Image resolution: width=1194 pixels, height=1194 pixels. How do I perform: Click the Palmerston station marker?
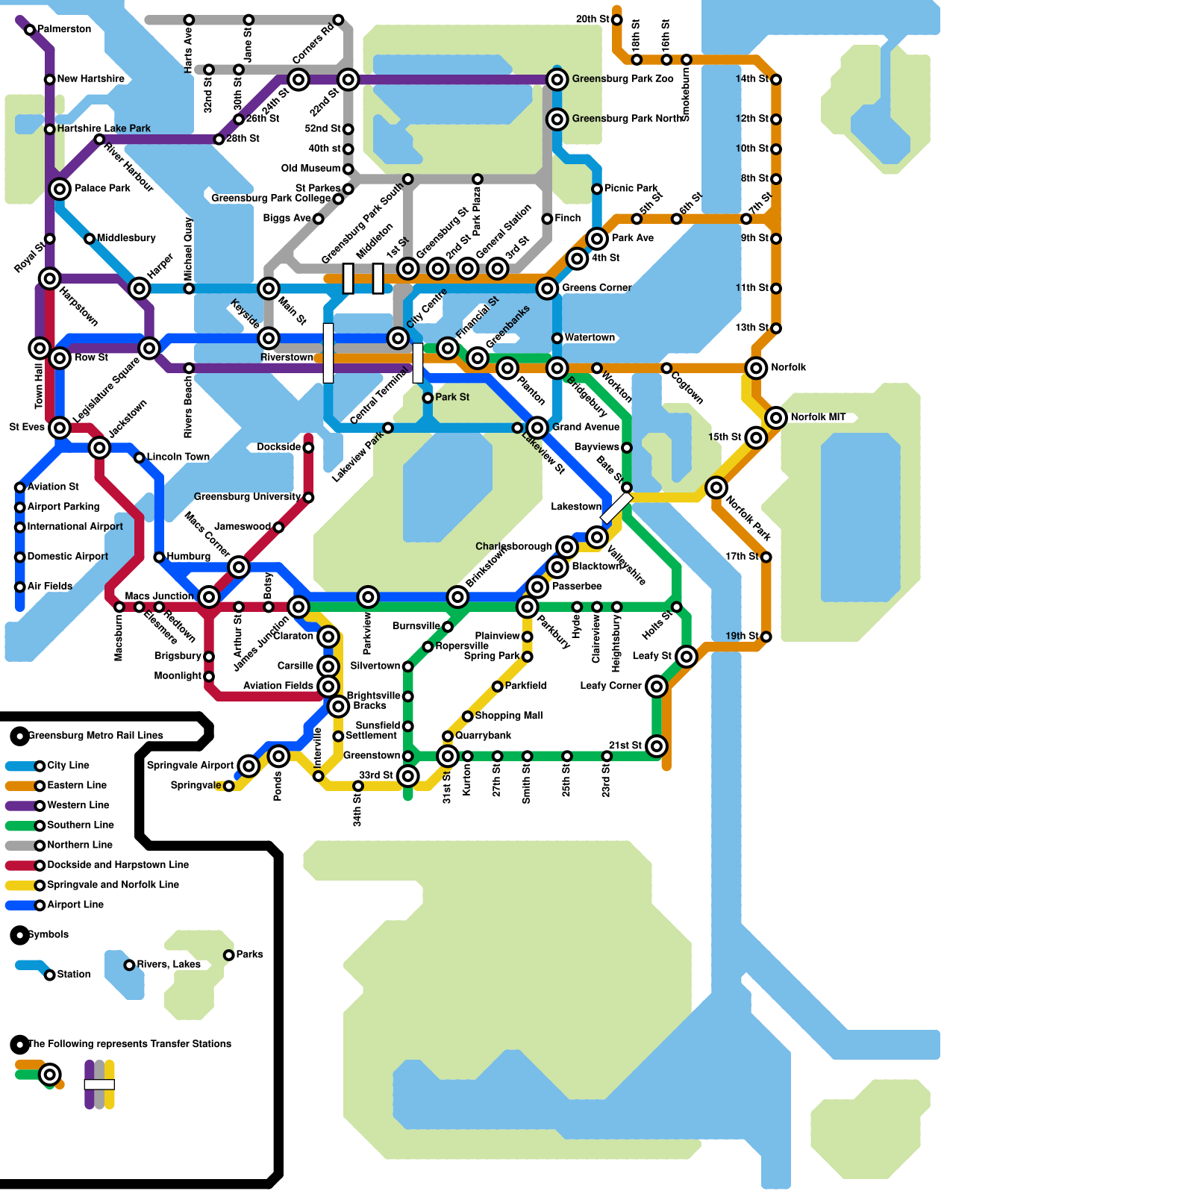(30, 30)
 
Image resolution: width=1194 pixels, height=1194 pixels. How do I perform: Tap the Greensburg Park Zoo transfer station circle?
(557, 79)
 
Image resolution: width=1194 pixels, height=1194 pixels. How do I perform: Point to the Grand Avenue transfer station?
(537, 428)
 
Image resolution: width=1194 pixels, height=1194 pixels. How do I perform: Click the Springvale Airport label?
(190, 766)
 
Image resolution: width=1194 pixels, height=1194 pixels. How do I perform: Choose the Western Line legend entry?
(78, 805)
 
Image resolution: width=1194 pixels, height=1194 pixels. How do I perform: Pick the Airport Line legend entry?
(75, 905)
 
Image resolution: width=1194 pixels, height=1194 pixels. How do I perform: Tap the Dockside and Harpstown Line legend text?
(117, 865)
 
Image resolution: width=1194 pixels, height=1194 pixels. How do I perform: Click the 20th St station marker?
(616, 19)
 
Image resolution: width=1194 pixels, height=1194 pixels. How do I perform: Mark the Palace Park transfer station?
(60, 189)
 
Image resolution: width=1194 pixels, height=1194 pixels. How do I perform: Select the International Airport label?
(75, 527)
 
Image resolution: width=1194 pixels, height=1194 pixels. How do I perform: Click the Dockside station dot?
(308, 448)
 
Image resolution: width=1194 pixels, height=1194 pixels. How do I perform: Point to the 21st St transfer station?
(656, 746)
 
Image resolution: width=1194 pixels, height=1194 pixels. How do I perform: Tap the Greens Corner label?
(596, 288)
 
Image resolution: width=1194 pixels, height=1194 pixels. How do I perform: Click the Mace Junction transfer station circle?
(209, 596)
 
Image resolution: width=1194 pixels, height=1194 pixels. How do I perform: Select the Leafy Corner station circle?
(656, 686)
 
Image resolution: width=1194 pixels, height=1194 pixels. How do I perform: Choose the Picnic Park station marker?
(597, 189)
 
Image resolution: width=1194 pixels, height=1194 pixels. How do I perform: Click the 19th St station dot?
(766, 637)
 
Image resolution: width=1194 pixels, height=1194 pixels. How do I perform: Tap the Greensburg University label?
(246, 497)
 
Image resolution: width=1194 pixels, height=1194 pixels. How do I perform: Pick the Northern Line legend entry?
(79, 846)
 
